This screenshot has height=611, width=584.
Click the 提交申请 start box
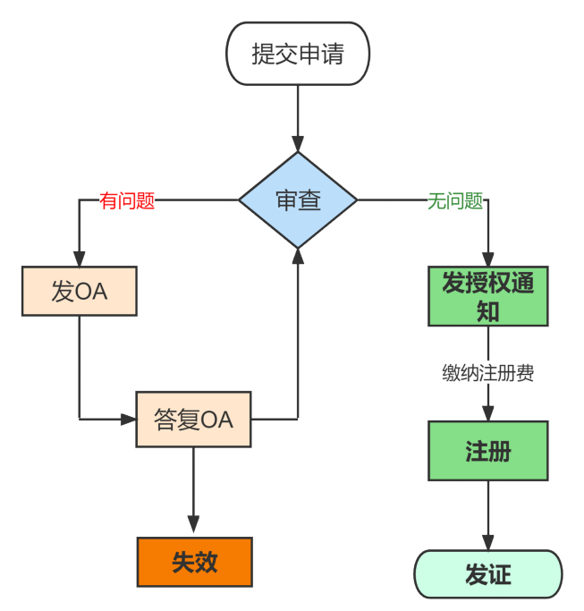point(298,54)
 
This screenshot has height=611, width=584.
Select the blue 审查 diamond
point(298,200)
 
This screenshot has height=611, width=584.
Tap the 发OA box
point(80,291)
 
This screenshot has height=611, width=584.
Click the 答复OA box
point(193,419)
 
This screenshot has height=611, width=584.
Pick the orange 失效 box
point(194,562)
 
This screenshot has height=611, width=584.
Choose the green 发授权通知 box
point(488,296)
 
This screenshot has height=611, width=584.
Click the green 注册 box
point(488,451)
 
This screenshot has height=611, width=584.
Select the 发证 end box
point(488,574)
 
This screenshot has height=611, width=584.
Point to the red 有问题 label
point(127,201)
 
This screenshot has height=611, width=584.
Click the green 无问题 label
point(455,201)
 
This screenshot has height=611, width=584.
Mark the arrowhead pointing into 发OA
point(80,258)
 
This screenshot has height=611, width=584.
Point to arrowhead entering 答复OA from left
point(127,419)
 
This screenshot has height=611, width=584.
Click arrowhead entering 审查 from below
point(298,257)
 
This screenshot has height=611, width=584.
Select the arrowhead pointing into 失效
point(194,529)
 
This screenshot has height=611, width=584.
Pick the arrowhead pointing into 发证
point(488,542)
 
